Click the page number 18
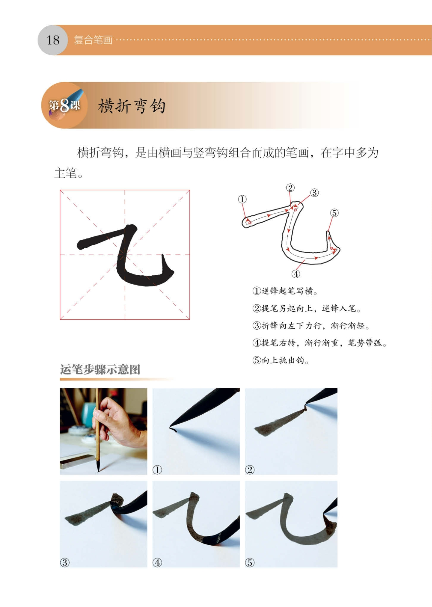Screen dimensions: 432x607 53,40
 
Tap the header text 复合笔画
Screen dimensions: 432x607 93,40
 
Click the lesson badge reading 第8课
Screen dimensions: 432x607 65,105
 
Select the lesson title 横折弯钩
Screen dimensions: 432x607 132,106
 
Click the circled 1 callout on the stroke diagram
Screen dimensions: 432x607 242,199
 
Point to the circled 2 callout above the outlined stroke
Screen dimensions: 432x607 290,188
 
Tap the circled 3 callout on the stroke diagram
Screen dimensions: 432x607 315,193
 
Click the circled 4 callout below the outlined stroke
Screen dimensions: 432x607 296,274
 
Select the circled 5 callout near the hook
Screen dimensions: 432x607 334,213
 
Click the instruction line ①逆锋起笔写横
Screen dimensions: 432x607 285,291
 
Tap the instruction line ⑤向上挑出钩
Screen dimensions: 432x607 281,360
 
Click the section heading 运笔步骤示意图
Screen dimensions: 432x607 100,370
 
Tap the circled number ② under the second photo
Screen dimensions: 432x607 250,470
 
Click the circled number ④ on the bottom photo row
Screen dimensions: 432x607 157,563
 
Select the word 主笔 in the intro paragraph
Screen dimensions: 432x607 66,173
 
